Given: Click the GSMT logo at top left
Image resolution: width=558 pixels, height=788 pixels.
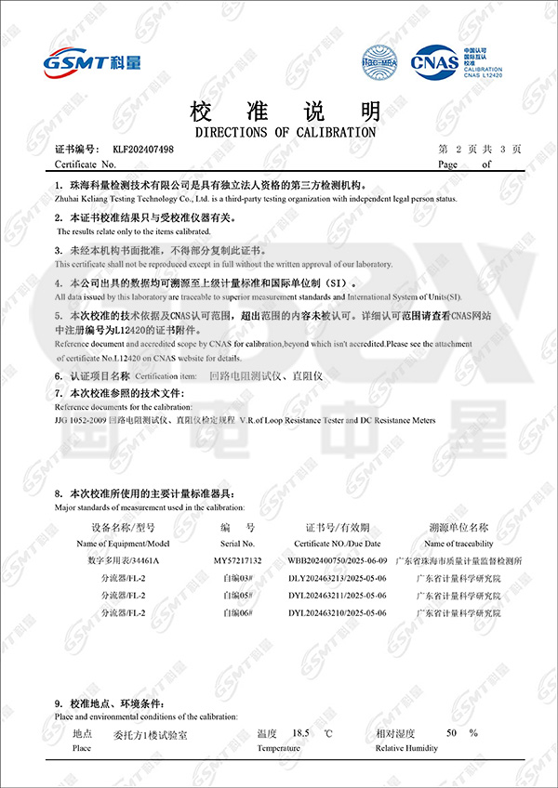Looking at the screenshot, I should point(93,63).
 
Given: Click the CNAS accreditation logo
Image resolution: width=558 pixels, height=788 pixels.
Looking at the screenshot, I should point(433,61).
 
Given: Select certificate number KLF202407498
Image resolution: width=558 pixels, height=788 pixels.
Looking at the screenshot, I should point(143,150).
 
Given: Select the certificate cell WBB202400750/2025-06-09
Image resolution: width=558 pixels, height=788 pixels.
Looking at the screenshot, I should point(337,561).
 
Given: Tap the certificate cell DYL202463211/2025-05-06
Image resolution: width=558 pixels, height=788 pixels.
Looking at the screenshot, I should point(337,596).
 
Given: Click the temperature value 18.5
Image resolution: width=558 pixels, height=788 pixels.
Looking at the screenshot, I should point(300,733).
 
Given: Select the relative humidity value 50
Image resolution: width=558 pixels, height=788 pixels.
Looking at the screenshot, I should point(451,733).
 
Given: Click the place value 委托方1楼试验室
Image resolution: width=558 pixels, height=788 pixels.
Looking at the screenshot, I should point(150,735).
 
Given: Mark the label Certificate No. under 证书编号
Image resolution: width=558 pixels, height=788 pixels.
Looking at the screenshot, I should point(85,164).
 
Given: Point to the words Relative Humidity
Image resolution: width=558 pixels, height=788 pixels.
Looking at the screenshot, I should point(406,747).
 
